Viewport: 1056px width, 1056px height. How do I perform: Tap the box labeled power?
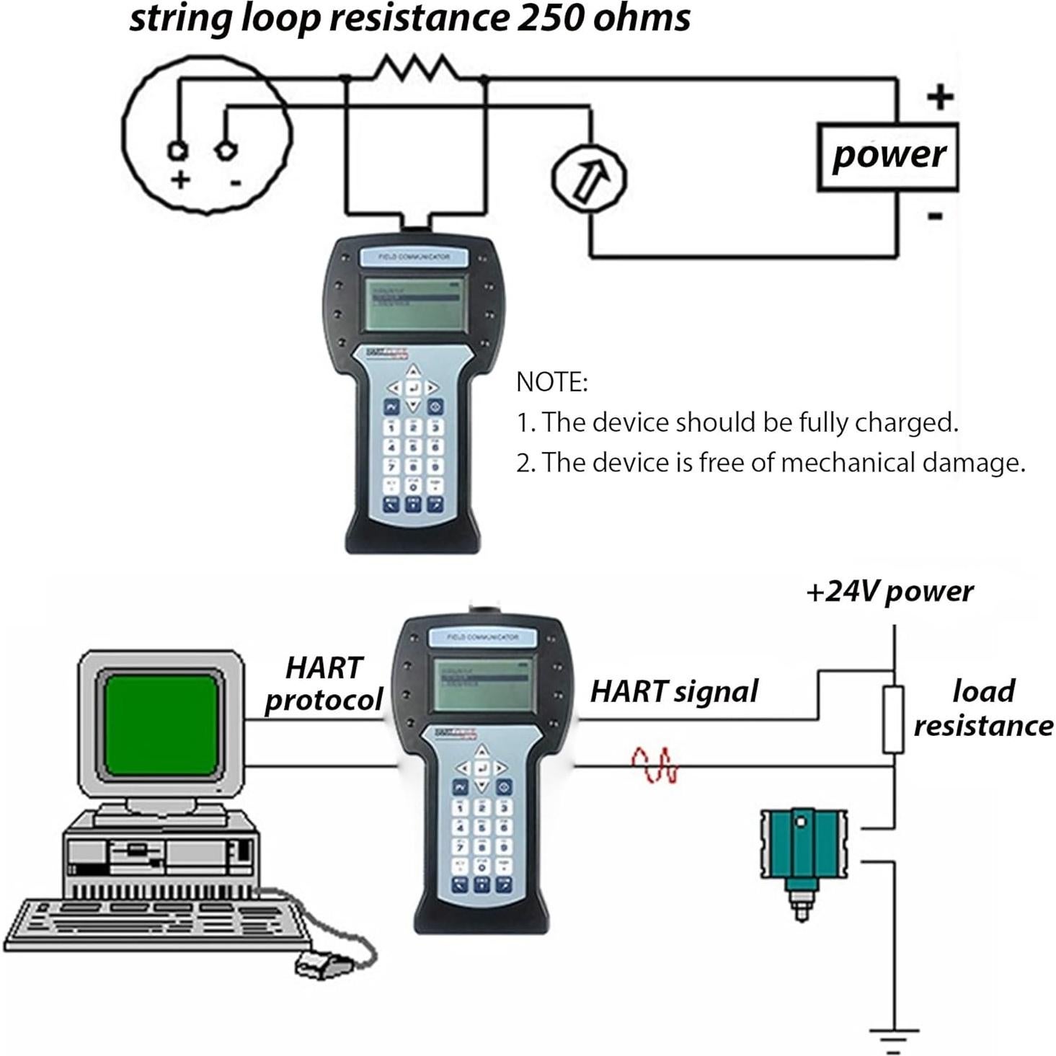[x=887, y=156]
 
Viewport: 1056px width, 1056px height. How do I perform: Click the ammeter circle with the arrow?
[x=589, y=177]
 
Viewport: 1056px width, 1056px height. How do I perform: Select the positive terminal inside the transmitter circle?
[x=177, y=150]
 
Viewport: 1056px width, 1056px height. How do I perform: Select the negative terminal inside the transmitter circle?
[x=226, y=149]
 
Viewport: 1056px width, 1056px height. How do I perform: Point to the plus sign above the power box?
[x=939, y=97]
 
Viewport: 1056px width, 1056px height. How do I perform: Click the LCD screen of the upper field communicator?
[x=413, y=303]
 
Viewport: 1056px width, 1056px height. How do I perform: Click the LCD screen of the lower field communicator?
[x=482, y=682]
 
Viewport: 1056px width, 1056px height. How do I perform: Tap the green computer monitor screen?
[x=161, y=724]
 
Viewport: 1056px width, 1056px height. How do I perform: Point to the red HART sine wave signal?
[x=655, y=766]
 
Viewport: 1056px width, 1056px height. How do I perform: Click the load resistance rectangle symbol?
[x=893, y=719]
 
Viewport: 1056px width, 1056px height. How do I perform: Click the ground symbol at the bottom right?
[x=894, y=1039]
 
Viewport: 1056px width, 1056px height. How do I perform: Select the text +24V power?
[x=889, y=592]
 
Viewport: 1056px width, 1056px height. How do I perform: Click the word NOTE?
[x=551, y=382]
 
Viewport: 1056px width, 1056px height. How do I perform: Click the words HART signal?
[x=673, y=691]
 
